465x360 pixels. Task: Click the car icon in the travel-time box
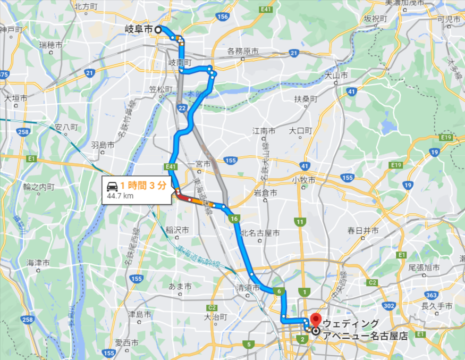112,186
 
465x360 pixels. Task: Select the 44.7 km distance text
120,196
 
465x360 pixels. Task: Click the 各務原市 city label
242,52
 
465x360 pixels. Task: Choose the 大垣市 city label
15,98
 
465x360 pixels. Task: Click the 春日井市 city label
363,231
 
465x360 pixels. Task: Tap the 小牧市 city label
304,180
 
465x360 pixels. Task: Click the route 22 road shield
182,108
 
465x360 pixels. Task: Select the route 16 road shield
233,218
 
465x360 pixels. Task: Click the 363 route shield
431,295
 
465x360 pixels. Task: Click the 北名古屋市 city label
260,232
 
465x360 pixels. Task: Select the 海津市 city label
38,263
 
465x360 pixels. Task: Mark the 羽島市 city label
103,145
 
